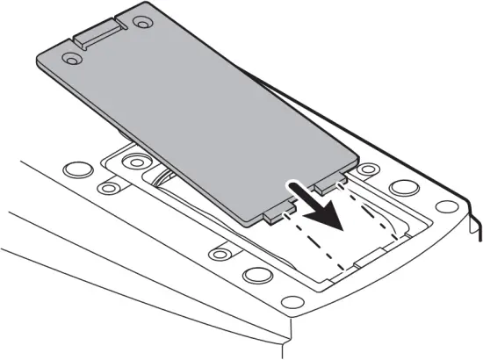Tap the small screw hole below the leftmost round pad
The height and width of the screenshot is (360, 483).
point(109,188)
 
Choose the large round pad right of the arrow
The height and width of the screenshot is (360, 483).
point(404,187)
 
